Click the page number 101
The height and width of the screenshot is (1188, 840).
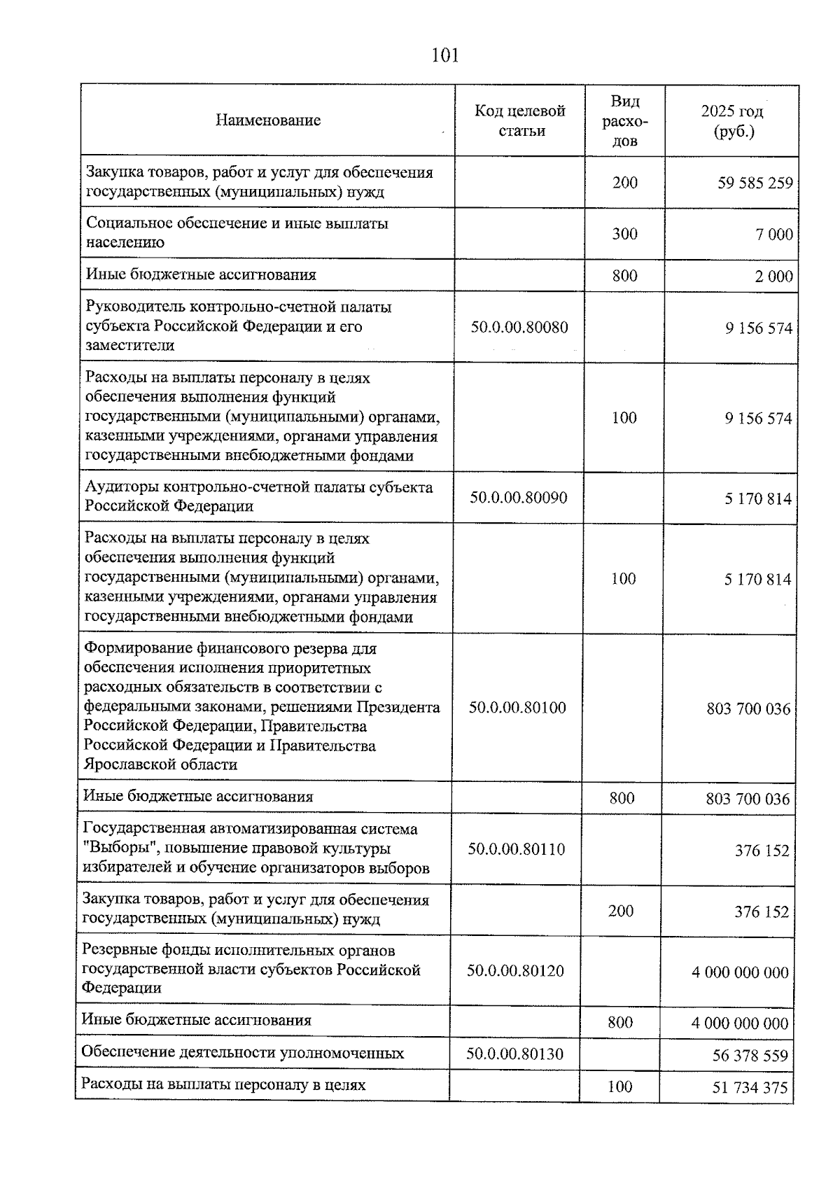click(x=445, y=55)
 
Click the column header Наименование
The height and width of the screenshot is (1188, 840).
click(x=267, y=120)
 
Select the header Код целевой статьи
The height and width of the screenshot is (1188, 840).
click(x=520, y=120)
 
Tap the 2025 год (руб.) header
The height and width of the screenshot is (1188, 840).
click(x=732, y=121)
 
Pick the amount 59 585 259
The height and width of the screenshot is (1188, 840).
click(x=755, y=183)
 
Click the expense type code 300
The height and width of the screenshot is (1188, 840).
click(x=624, y=234)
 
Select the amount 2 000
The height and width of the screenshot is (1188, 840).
click(x=773, y=277)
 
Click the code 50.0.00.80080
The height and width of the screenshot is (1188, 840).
click(x=519, y=327)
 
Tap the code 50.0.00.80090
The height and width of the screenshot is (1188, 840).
click(x=519, y=498)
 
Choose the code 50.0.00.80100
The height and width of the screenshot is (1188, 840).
click(x=517, y=708)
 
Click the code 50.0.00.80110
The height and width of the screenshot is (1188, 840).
click(x=517, y=849)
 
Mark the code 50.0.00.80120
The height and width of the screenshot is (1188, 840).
click(x=516, y=971)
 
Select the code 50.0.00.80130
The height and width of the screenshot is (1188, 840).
click(x=515, y=1054)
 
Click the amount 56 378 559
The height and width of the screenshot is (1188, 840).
click(x=750, y=1056)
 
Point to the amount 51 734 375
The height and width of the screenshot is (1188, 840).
click(x=750, y=1088)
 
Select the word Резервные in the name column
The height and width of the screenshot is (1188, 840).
click(x=117, y=951)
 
